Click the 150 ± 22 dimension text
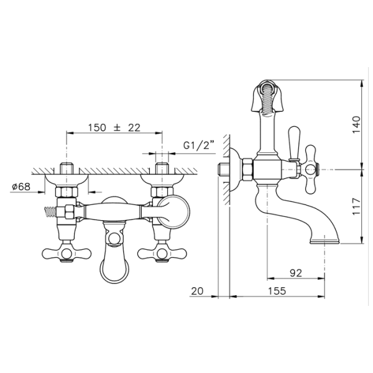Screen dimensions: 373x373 point(114,127)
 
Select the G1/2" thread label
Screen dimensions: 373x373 point(199,145)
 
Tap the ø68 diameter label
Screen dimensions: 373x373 point(21,186)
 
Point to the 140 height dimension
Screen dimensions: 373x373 point(356,125)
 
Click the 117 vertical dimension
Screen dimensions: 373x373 point(356,206)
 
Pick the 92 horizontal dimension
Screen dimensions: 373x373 point(296,273)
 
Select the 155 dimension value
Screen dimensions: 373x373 point(277,291)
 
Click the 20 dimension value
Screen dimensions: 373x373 point(197,291)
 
